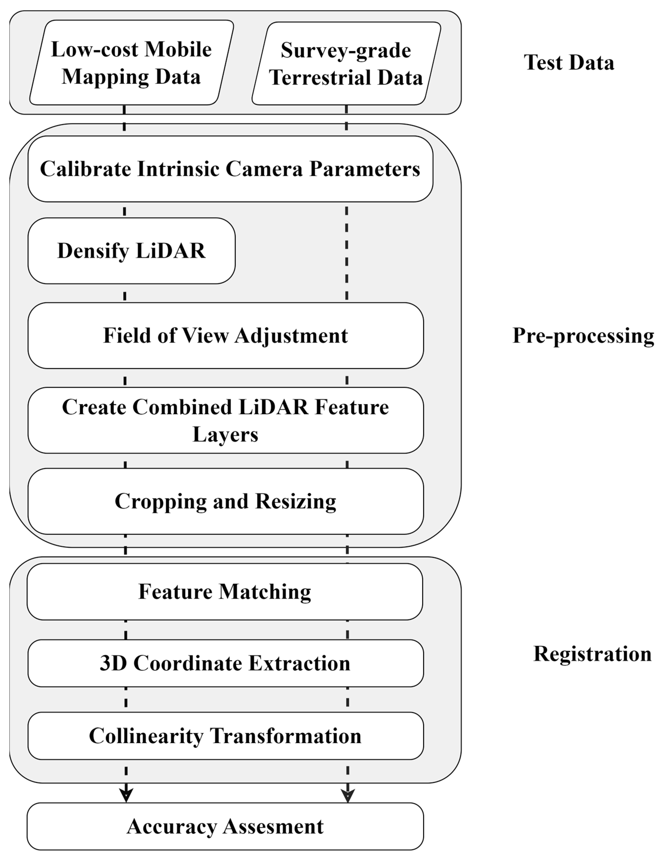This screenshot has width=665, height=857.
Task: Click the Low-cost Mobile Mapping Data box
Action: click(131, 63)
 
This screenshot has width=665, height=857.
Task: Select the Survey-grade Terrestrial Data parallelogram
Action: click(346, 64)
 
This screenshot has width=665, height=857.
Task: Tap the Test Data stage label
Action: click(569, 63)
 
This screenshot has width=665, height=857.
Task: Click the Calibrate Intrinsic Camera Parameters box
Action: click(230, 169)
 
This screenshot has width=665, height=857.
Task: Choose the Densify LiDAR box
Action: click(131, 251)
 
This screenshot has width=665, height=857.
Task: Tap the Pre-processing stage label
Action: click(583, 336)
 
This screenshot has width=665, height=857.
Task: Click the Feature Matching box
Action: click(225, 592)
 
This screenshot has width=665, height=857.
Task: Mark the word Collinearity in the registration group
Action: click(146, 736)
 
